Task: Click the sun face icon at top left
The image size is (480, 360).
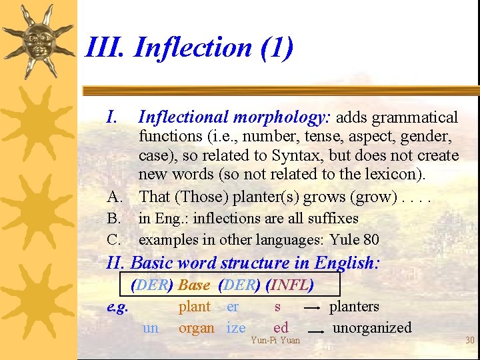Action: click(x=39, y=40)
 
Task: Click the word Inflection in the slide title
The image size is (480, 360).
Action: click(x=193, y=48)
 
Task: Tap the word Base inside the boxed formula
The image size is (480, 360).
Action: click(x=194, y=285)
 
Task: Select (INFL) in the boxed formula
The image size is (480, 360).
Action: click(x=289, y=285)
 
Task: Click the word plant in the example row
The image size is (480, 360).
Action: click(x=194, y=307)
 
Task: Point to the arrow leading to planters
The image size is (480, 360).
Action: click(x=311, y=309)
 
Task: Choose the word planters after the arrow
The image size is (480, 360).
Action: click(x=354, y=307)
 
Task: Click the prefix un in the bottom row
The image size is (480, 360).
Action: click(x=151, y=328)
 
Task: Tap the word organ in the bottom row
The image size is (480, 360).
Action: click(x=196, y=328)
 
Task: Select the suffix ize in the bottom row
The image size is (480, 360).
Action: click(x=235, y=328)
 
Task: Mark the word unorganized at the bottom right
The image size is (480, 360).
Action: click(x=372, y=328)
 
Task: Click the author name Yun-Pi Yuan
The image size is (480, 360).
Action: click(x=275, y=341)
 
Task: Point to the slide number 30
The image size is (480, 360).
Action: click(x=469, y=341)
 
